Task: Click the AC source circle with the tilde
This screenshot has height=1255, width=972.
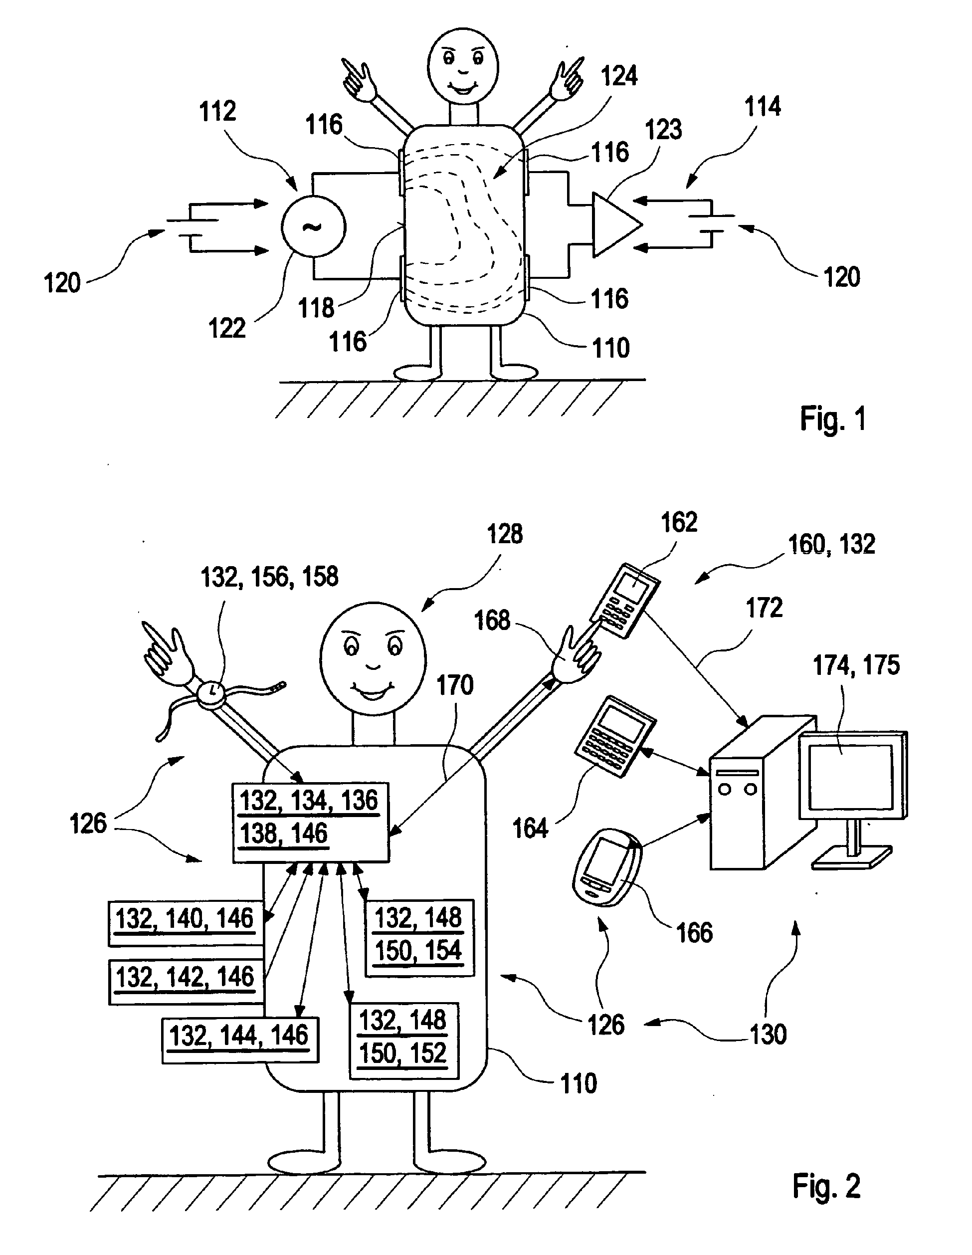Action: pyautogui.click(x=313, y=226)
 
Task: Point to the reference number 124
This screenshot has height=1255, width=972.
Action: pyautogui.click(x=619, y=75)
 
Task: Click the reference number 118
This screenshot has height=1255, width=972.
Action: pyautogui.click(x=317, y=307)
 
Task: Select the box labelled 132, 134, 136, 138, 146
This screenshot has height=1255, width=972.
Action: pyautogui.click(x=311, y=823)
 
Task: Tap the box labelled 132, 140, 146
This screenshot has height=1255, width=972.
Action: pyautogui.click(x=186, y=923)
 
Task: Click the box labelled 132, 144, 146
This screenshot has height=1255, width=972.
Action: pyautogui.click(x=240, y=1040)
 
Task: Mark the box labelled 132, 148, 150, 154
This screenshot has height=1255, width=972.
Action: pyautogui.click(x=419, y=938)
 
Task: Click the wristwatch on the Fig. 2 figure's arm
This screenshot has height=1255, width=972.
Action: pyautogui.click(x=212, y=691)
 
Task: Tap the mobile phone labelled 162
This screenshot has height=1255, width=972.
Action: pyautogui.click(x=624, y=601)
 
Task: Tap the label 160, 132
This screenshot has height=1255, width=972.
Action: pyautogui.click(x=832, y=544)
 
